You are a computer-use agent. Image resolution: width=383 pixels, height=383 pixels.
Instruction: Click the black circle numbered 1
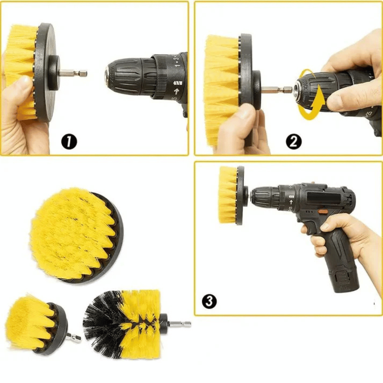[x=69, y=142]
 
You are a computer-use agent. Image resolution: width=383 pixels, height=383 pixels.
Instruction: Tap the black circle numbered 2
[x=294, y=142]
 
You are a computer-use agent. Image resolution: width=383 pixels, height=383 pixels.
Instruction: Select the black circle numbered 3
[x=209, y=301]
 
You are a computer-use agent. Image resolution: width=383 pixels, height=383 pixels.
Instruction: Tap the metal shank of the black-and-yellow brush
[x=180, y=324]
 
